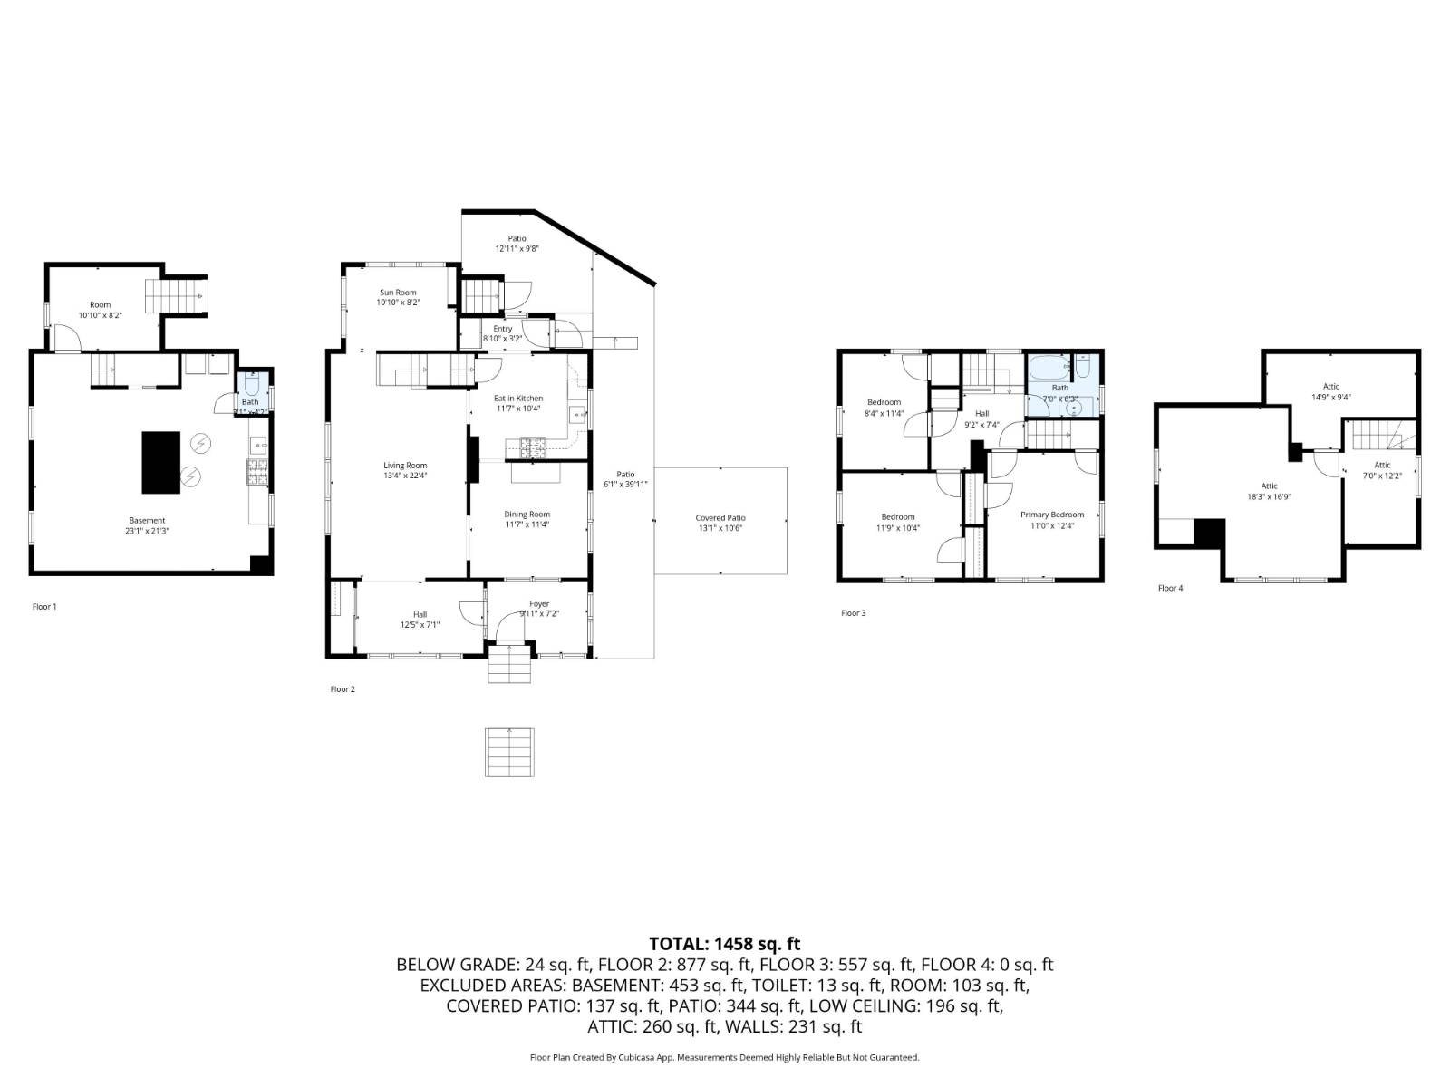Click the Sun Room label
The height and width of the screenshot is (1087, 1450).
pyautogui.click(x=398, y=293)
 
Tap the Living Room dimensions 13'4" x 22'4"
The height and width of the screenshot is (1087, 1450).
pyautogui.click(x=405, y=476)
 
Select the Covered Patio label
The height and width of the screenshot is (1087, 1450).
pyautogui.click(x=720, y=518)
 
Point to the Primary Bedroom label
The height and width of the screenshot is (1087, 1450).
pyautogui.click(x=1052, y=515)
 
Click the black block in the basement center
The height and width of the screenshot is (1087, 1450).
pyautogui.click(x=161, y=462)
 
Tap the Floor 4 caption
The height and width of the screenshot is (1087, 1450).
pyautogui.click(x=1170, y=588)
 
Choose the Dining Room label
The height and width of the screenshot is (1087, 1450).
pyautogui.click(x=527, y=515)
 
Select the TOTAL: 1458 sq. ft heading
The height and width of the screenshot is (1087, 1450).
pyautogui.click(x=724, y=944)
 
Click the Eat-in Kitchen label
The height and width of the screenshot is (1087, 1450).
pyautogui.click(x=518, y=399)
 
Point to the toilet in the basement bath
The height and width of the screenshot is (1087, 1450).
pyautogui.click(x=251, y=383)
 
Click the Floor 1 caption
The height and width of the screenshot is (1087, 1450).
pyautogui.click(x=44, y=606)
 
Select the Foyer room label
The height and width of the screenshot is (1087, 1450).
pyautogui.click(x=539, y=604)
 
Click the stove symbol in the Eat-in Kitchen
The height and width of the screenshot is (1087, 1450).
pyautogui.click(x=533, y=445)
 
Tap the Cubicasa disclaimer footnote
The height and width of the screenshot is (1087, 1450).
pyautogui.click(x=724, y=1057)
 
